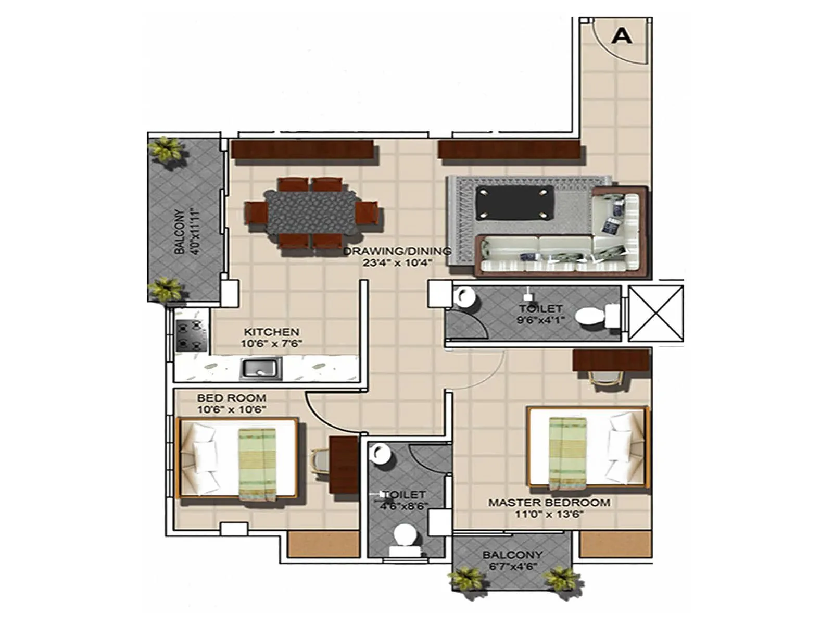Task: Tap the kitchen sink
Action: [x=260, y=368]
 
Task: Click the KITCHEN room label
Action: [x=271, y=332]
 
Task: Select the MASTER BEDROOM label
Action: [x=549, y=503]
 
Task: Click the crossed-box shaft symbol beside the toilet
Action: [x=655, y=314]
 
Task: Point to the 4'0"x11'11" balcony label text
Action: [x=186, y=231]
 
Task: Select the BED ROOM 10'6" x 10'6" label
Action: [x=231, y=404]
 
